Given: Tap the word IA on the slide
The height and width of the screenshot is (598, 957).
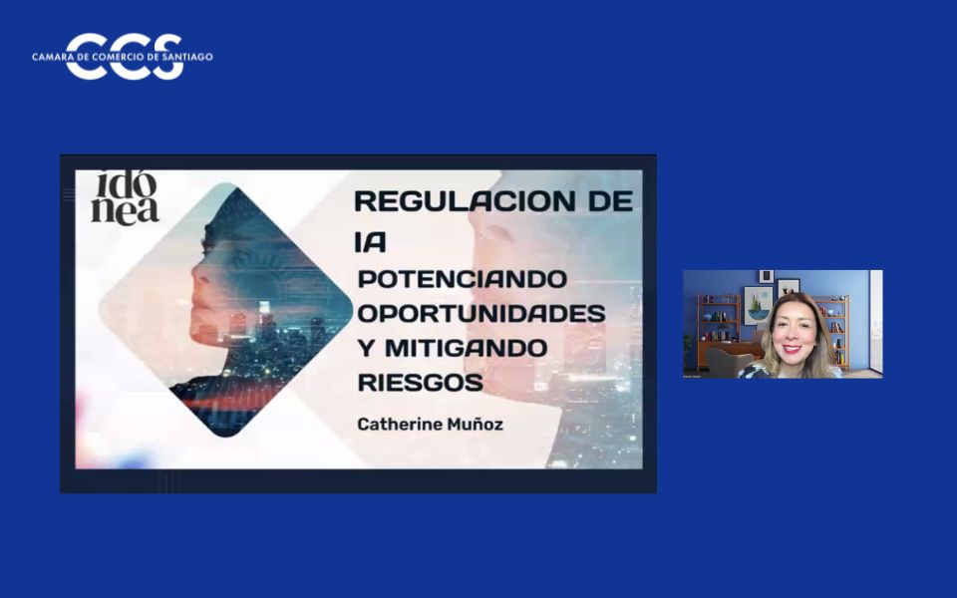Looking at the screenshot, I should coord(370,241).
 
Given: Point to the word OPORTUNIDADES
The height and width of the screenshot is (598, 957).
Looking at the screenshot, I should coord(480,312).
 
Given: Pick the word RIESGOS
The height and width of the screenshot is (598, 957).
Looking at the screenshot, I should coord(420,383).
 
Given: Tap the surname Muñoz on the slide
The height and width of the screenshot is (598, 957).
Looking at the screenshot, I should coord(477,425).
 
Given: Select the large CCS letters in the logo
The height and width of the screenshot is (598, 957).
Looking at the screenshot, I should coord(125,57).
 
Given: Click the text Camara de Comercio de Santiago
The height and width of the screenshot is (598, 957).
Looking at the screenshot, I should coord(122,57).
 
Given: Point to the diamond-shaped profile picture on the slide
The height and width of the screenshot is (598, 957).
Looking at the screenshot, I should coord(227,309).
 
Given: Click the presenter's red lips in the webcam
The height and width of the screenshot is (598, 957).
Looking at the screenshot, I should coord(792,349).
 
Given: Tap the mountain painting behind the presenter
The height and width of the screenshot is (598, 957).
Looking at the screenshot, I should coord(758,303).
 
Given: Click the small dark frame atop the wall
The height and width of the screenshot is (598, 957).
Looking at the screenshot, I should coord(766,276).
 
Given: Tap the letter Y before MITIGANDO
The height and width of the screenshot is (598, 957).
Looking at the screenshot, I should coord(365,348).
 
